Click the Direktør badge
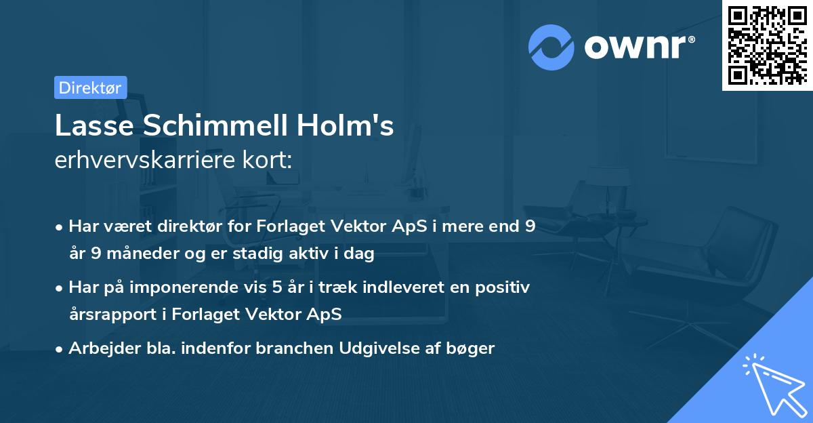click(90, 87)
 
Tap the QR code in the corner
click(767, 45)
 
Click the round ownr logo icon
click(551, 47)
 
